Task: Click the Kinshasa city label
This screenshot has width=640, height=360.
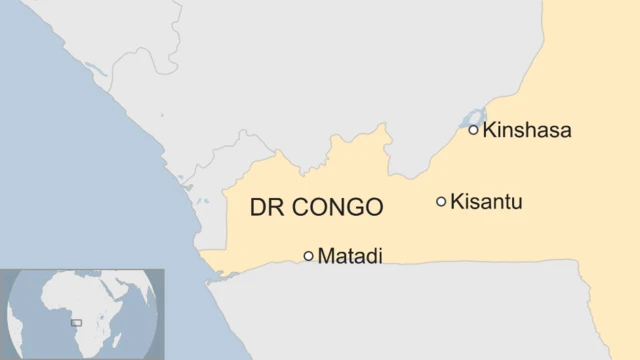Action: [526, 130]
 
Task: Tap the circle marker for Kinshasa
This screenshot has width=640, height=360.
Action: [473, 129]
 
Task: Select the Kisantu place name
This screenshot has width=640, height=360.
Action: [486, 202]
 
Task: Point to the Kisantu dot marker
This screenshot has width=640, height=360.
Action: [441, 202]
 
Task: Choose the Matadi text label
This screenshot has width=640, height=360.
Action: [349, 256]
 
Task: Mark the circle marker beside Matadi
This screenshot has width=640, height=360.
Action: [308, 256]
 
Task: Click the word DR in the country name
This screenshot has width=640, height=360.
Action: [265, 208]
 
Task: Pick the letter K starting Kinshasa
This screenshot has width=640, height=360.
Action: [489, 130]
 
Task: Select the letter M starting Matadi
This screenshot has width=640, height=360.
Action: [325, 256]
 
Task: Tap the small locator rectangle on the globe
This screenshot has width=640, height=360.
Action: [76, 323]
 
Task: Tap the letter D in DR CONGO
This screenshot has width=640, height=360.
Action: [257, 208]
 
